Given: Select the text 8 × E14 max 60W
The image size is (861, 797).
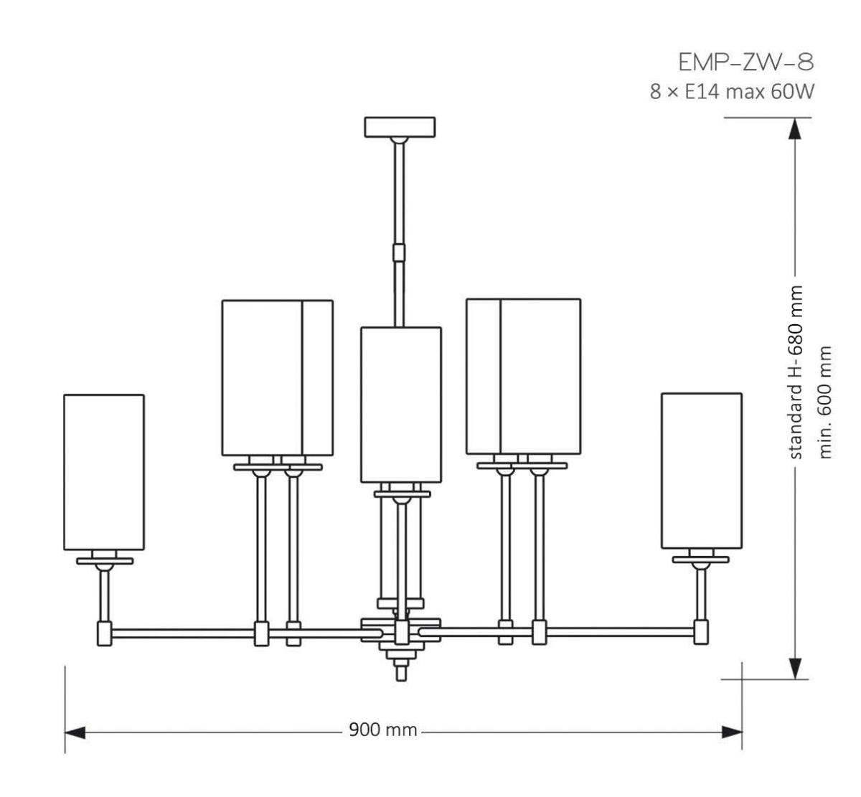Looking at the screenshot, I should [x=732, y=93].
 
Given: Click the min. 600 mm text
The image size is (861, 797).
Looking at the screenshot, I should [x=826, y=403].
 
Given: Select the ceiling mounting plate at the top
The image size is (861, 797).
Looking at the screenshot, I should [x=400, y=126].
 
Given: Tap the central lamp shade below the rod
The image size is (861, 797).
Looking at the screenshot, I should [x=400, y=405].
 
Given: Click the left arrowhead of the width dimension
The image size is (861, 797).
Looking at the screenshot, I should [x=75, y=732].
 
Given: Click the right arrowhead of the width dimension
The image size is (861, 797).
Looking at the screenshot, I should [x=731, y=732].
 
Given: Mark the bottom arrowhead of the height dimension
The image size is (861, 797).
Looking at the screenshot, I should [x=795, y=667].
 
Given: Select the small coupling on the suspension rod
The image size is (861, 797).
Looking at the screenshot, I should [x=399, y=253].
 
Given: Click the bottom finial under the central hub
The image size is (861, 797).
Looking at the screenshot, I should [x=400, y=671].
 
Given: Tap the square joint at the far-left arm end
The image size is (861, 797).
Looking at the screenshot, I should [x=104, y=633].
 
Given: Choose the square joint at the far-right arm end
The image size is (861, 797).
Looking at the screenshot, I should [x=701, y=633].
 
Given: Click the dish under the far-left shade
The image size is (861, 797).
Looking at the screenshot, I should [x=105, y=561].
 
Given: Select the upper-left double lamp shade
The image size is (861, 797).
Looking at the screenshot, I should [x=277, y=377].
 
